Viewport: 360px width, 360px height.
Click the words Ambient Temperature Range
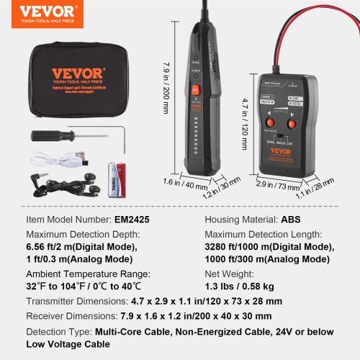[x=89, y=274]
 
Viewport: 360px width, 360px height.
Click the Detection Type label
[x=58, y=332]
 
